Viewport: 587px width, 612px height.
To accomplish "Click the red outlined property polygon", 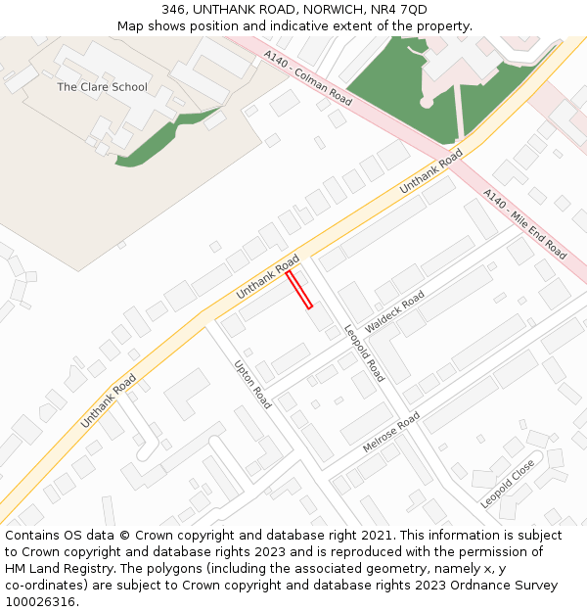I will (299, 290).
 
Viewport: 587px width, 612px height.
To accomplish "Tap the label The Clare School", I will (102, 87).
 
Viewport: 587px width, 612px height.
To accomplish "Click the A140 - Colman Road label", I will (307, 80).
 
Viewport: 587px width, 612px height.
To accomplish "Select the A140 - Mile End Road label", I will (524, 224).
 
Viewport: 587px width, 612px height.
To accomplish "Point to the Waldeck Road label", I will (394, 310).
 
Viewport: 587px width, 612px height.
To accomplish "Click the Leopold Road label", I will (364, 353).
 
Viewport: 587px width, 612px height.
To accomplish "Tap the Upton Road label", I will (252, 384).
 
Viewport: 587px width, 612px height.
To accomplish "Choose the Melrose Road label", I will (390, 432).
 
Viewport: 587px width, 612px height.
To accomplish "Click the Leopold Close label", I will (508, 483).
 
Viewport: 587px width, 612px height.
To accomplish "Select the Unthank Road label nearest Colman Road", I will (431, 172).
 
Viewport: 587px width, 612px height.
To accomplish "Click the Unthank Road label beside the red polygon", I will (267, 279).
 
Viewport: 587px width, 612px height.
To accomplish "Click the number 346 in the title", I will (173, 10).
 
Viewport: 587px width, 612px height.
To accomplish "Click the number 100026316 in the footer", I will (41, 601).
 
